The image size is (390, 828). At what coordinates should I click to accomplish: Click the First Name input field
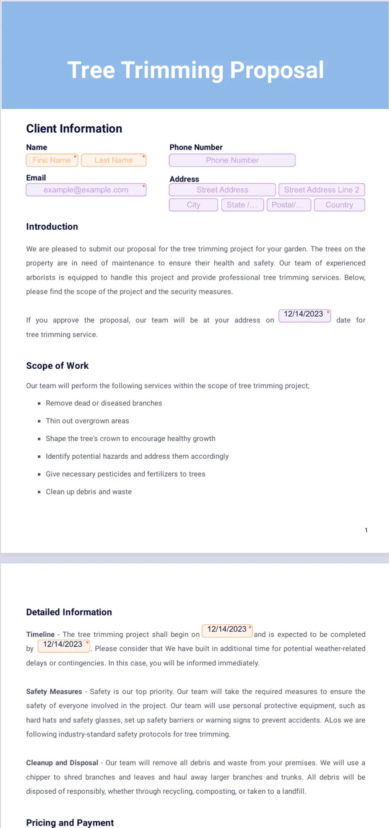52,160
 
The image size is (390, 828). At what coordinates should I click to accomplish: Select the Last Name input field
114,160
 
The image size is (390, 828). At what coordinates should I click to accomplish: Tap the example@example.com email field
86,190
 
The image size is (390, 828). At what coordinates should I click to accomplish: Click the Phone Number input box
232,160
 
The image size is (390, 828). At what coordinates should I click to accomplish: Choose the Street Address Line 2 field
322,190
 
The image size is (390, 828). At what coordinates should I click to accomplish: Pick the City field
193,205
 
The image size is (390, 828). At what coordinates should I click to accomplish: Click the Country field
339,205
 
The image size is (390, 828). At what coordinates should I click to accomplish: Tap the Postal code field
289,205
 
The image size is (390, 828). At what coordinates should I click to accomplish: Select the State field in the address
242,205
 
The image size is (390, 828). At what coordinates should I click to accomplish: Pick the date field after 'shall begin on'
227,630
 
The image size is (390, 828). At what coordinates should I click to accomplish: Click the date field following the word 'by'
64,645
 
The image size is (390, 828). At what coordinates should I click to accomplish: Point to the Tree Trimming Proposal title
195,70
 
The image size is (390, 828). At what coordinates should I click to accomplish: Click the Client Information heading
74,129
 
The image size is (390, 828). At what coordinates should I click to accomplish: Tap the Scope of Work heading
57,366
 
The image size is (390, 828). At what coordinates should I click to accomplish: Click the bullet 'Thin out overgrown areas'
87,421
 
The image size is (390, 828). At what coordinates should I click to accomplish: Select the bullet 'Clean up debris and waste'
88,492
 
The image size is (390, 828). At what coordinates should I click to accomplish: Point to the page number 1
366,530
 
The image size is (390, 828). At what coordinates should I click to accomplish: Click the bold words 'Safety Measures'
54,692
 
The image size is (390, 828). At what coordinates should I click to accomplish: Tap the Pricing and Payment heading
70,823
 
